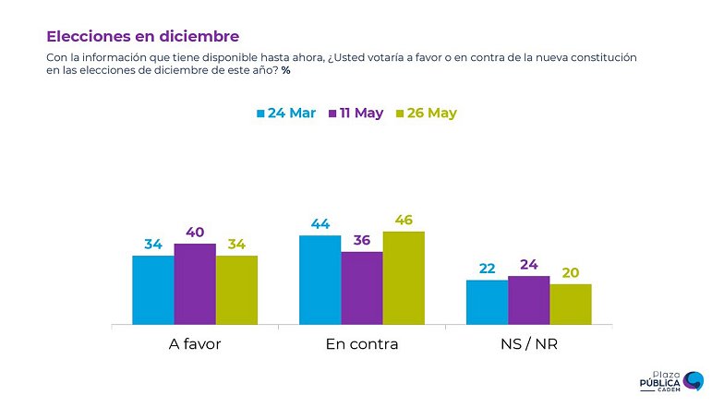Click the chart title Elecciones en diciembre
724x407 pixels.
[142, 36]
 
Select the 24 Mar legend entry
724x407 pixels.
[285, 114]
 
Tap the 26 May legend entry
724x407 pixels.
[427, 114]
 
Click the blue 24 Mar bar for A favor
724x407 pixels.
[153, 290]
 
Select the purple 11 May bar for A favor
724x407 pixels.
[195, 284]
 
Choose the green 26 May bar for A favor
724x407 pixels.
[236, 290]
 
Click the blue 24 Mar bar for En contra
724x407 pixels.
[320, 280]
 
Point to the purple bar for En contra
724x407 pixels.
[362, 288]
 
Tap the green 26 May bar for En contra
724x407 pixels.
[404, 278]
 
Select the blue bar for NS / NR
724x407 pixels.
[487, 302]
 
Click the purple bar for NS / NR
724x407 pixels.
[528, 300]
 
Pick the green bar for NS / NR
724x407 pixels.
[570, 304]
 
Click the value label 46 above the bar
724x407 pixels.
[404, 221]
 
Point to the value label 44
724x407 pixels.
[320, 224]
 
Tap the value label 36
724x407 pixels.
[362, 241]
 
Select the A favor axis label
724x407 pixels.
[195, 344]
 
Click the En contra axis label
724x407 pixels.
[362, 344]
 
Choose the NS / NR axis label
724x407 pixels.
[528, 344]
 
